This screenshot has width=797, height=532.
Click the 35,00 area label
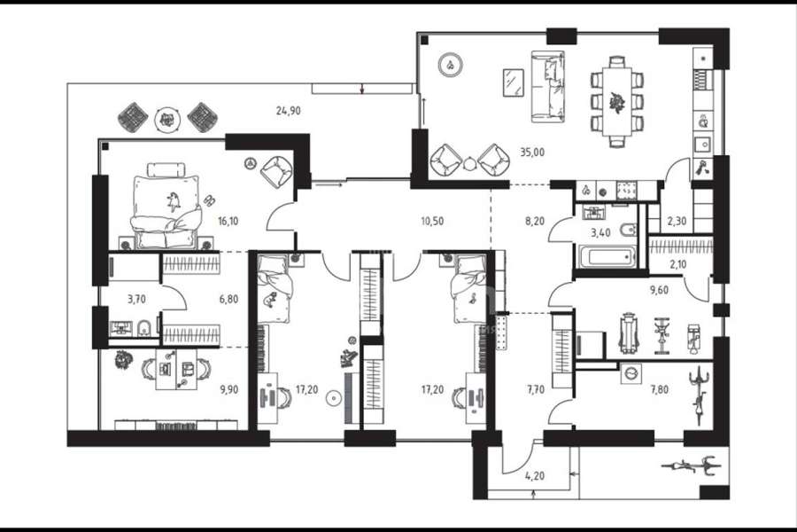pyautogui.click(x=532, y=152)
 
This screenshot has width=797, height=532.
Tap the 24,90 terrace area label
pyautogui.click(x=288, y=111)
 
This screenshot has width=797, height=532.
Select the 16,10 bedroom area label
pyautogui.click(x=228, y=221)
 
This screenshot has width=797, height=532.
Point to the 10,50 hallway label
pyautogui.click(x=432, y=221)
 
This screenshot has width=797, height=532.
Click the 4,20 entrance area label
pyautogui.click(x=535, y=476)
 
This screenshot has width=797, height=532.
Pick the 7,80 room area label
pyautogui.click(x=659, y=389)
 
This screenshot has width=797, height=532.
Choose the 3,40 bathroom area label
pyautogui.click(x=600, y=233)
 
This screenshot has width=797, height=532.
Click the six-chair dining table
pyautogui.click(x=617, y=101)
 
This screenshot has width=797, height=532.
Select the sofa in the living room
pyautogui.click(x=548, y=86)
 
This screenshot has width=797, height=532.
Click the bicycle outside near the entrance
pyautogui.click(x=690, y=465)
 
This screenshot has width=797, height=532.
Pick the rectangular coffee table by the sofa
pyautogui.click(x=513, y=82)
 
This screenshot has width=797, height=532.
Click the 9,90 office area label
pyautogui.click(x=228, y=389)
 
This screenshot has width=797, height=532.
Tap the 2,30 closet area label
pyautogui.click(x=677, y=221)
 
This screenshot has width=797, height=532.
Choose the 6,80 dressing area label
pyautogui.click(x=228, y=299)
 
